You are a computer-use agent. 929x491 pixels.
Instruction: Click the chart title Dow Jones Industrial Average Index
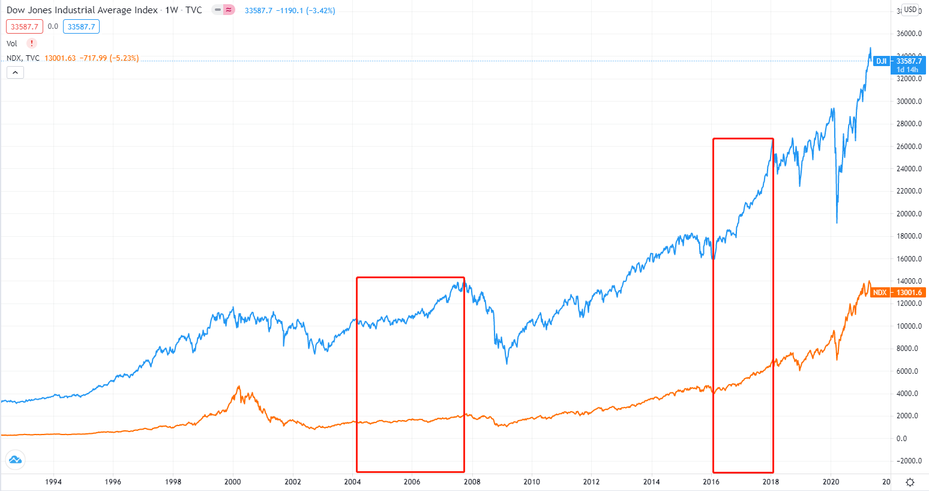82,10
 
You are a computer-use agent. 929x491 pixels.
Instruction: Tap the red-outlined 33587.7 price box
25,26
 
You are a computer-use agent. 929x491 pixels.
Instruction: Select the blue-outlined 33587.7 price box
81,26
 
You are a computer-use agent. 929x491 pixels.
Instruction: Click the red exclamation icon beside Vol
32,43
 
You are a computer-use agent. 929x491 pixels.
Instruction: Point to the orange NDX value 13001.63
60,58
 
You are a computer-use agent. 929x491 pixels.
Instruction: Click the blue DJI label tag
881,61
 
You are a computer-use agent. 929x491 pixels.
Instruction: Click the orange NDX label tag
879,293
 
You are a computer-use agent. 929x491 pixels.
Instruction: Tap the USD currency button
910,10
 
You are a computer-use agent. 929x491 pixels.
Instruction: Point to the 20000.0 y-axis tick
909,214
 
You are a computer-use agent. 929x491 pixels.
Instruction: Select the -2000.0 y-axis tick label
909,461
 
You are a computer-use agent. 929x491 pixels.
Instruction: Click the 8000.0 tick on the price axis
909,349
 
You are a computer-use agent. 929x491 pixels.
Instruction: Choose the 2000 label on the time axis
232,481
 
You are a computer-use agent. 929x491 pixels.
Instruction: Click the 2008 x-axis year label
472,481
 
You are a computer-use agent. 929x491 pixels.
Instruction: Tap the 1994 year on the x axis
53,481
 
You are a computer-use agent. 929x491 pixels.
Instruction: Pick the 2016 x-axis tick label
711,481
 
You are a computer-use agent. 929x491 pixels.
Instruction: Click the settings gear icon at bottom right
910,482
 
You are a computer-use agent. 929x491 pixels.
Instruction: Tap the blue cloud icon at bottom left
15,460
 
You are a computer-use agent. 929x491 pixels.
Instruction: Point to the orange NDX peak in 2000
239,386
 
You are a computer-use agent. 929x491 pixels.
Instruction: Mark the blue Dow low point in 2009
507,364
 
